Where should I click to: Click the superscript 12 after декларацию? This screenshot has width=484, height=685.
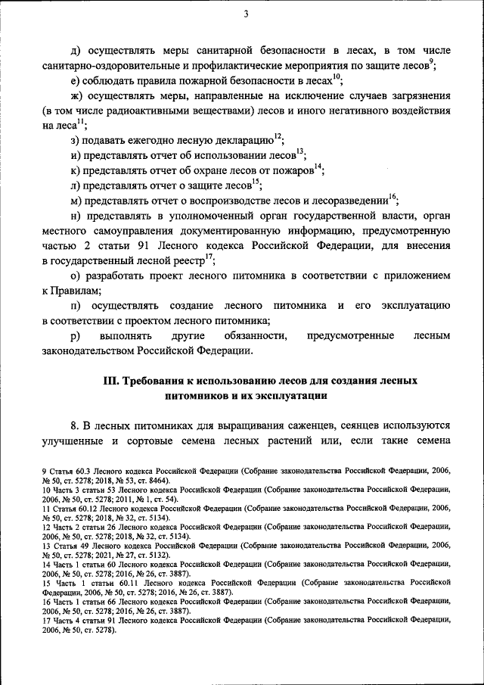click(278, 135)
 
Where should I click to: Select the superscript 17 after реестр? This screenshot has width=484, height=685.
click(209, 257)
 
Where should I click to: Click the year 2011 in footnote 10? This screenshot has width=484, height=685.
click(121, 500)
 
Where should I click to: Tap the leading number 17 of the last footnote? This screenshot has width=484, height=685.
click(46, 619)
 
